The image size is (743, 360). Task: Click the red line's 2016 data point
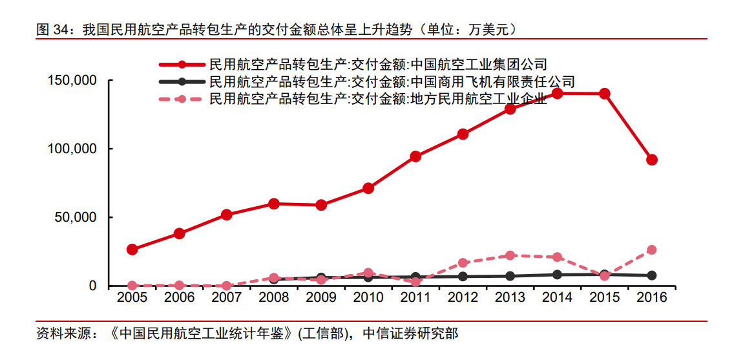(x=652, y=160)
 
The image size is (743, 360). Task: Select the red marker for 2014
(x=557, y=93)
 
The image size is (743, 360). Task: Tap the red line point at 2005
(x=132, y=249)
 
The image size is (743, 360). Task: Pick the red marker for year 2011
(x=415, y=156)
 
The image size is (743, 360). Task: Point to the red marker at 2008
(x=274, y=204)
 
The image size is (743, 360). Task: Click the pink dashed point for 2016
(x=652, y=249)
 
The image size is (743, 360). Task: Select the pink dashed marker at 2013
(x=510, y=255)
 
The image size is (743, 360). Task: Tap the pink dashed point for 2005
(x=132, y=285)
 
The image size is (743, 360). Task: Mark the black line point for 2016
(x=652, y=275)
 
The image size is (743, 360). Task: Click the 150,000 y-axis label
(x=72, y=81)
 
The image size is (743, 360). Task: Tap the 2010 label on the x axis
(x=368, y=297)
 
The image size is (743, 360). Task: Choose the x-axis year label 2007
(x=227, y=297)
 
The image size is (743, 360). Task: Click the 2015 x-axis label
(x=604, y=297)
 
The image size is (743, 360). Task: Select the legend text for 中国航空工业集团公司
(x=378, y=64)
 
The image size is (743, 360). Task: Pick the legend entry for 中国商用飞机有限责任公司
(x=392, y=81)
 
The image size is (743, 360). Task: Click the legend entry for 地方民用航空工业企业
(x=378, y=99)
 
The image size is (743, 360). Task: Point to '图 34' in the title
(x=51, y=29)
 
